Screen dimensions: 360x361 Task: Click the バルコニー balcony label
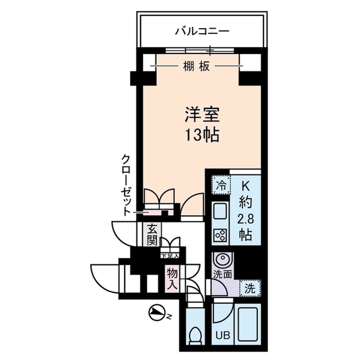coord(201,30)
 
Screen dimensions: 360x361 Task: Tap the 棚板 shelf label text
coord(196,66)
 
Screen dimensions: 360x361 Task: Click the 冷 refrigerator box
coord(221,184)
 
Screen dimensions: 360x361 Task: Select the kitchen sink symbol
coord(219,212)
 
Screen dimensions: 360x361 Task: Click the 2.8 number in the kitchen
coord(246,218)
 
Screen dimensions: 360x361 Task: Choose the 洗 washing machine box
coord(249,288)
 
